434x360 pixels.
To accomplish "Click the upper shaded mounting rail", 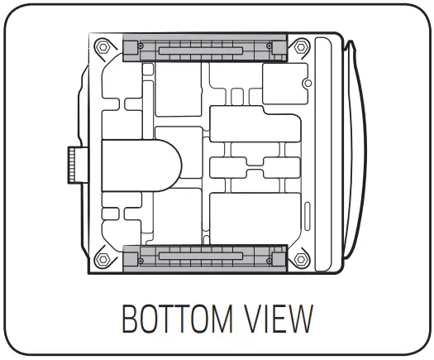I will [204, 49].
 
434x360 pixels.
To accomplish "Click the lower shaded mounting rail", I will [204, 257].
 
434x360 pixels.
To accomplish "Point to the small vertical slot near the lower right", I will [308, 215].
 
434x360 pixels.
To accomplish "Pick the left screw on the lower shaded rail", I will [141, 258].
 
